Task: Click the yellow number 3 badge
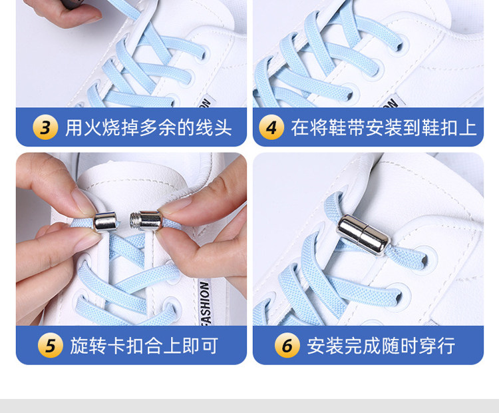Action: [x=45, y=127]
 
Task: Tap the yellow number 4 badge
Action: [x=271, y=127]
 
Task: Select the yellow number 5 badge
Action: [x=51, y=346]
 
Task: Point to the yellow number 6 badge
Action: [x=287, y=346]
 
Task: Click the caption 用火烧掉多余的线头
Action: [x=148, y=127]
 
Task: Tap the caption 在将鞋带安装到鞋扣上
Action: [x=384, y=127]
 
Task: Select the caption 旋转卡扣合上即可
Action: [x=144, y=346]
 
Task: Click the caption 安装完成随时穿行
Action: [x=381, y=346]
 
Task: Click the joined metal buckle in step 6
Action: [x=363, y=235]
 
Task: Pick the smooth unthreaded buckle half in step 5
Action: [x=105, y=221]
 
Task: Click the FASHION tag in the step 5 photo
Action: [x=205, y=303]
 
